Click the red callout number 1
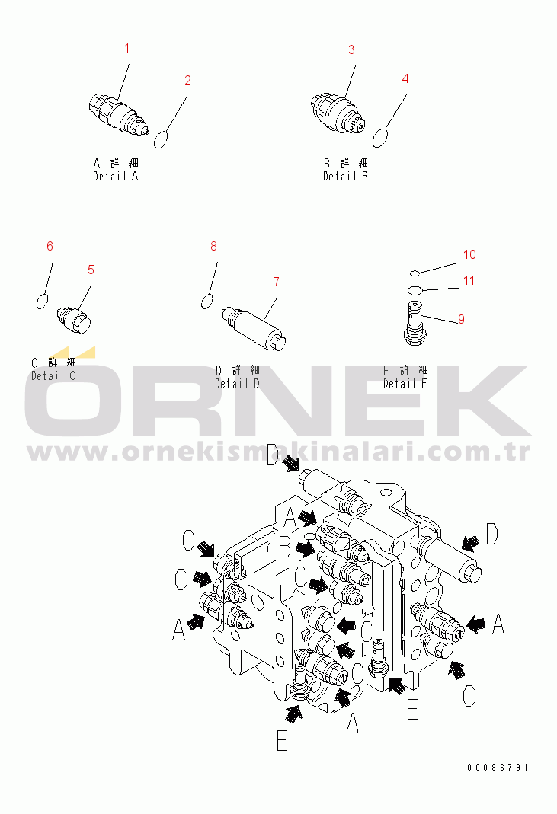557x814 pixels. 126,49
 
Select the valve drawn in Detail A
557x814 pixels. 118,114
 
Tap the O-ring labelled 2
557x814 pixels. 161,139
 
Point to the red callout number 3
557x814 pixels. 351,49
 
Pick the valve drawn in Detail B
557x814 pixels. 338,113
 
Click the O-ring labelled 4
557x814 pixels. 380,138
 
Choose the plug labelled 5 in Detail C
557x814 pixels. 74,319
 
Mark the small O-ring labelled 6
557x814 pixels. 42,301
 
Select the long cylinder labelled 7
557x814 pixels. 254,329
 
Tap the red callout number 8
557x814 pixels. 213,247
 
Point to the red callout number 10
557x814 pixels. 469,255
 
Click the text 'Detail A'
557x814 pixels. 115,177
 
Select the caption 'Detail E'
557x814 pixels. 405,385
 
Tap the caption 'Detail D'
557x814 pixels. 238,385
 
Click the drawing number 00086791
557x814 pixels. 498,768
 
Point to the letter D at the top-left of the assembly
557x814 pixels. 273,455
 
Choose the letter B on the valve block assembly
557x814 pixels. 284,547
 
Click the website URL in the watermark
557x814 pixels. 279,452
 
